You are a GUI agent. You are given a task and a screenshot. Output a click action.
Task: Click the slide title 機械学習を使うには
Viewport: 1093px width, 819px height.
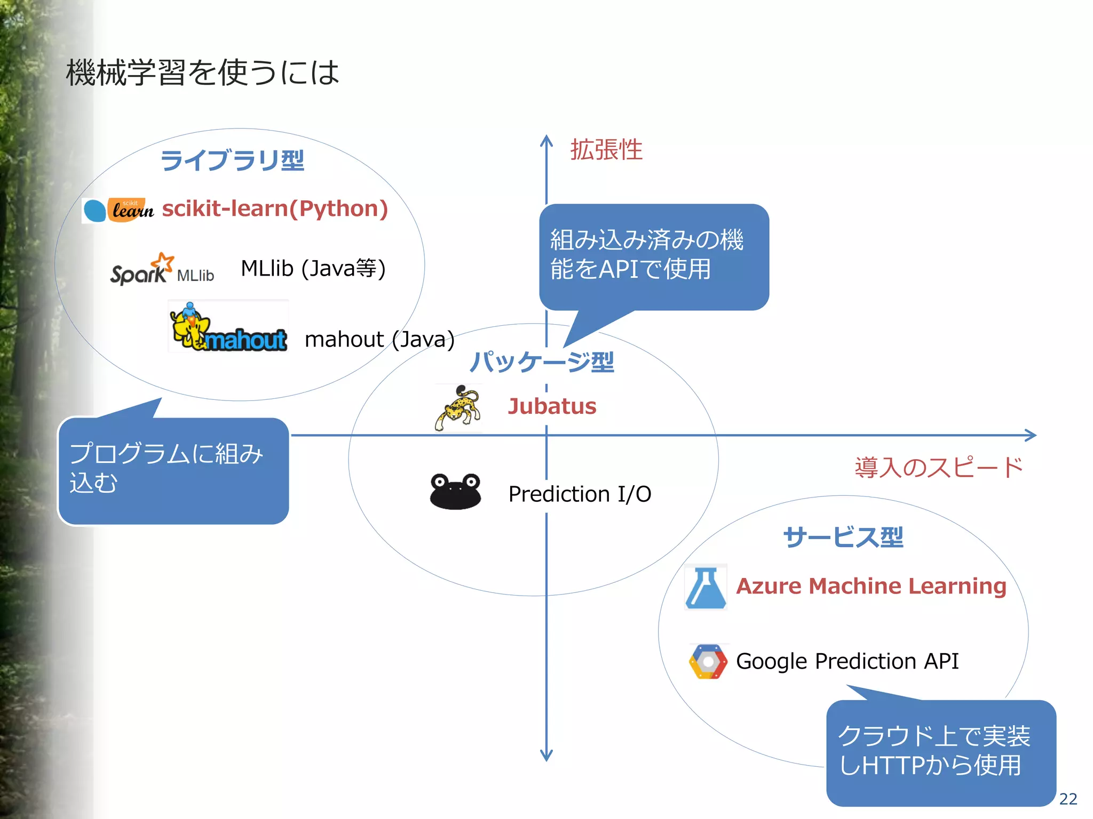click(202, 73)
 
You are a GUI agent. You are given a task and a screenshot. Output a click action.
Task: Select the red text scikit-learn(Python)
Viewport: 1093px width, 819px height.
click(275, 208)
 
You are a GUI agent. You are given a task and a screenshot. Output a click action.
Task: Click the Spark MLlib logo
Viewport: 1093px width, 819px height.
click(162, 270)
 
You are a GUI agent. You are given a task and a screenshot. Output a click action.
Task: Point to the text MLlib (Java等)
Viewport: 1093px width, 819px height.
click(313, 268)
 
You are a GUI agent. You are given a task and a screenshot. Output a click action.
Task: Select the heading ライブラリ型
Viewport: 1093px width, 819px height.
click(232, 160)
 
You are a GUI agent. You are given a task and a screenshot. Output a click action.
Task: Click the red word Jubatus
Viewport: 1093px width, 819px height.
click(552, 406)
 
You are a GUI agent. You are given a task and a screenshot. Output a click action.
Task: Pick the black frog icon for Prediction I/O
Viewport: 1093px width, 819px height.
click(455, 491)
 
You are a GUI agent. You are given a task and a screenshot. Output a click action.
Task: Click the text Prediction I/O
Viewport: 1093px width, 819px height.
click(580, 494)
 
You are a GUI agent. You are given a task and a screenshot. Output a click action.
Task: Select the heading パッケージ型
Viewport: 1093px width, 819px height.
click(542, 362)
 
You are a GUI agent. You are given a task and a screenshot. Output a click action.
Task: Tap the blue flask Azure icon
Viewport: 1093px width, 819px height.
click(706, 588)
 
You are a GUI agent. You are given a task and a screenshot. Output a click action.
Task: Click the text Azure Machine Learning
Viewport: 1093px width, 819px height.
click(871, 586)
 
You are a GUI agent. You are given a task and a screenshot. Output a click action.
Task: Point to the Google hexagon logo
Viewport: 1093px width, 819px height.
click(708, 662)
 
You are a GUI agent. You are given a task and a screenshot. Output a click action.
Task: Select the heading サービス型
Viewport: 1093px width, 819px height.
click(843, 537)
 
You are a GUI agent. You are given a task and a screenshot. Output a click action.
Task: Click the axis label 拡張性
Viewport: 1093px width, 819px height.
click(606, 150)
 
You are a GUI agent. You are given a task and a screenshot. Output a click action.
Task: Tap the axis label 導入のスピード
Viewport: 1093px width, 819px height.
click(938, 468)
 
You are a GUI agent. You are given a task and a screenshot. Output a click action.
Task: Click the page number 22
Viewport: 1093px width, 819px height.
click(1068, 799)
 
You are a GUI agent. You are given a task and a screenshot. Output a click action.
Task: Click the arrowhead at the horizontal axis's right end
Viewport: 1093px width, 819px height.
click(1031, 435)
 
